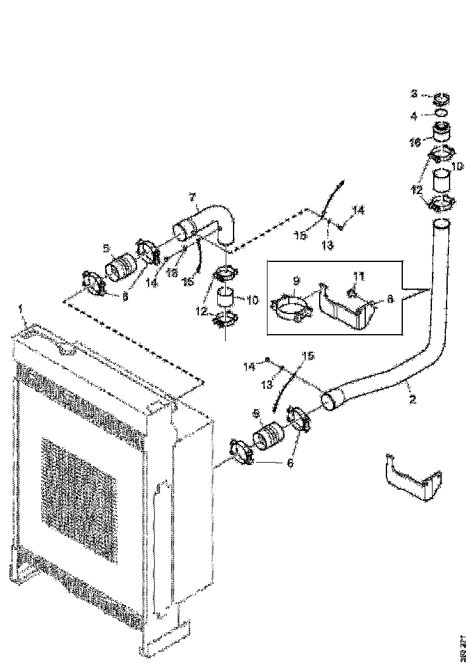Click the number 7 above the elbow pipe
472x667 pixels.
(192, 197)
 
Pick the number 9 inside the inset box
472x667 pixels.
(296, 281)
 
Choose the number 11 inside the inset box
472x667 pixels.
(359, 277)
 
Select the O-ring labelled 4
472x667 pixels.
(442, 113)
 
